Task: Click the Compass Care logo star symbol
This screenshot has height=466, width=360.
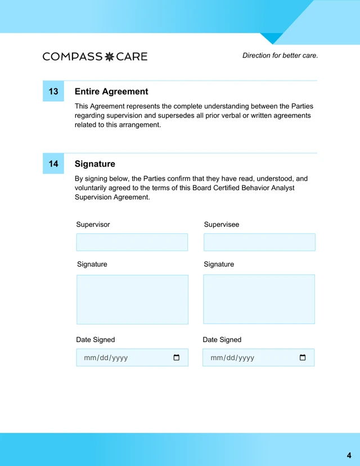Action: pyautogui.click(x=110, y=56)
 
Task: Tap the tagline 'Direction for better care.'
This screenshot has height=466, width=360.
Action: pyautogui.click(x=280, y=56)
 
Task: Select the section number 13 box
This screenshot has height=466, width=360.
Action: pyautogui.click(x=53, y=91)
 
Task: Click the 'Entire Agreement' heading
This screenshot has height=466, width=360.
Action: pyautogui.click(x=111, y=91)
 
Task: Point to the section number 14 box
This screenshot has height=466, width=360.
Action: pyautogui.click(x=53, y=164)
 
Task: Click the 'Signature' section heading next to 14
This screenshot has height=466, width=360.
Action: pyautogui.click(x=94, y=164)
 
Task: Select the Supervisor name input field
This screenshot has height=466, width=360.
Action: pyautogui.click(x=132, y=243)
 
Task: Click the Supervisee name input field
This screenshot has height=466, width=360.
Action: pyautogui.click(x=259, y=243)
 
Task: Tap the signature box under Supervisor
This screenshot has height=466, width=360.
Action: pyautogui.click(x=132, y=299)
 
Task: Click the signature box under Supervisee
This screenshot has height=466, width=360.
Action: pyautogui.click(x=259, y=299)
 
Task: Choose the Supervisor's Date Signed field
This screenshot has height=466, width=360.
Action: pyautogui.click(x=124, y=357)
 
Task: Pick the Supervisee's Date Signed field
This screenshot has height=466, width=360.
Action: pyautogui.click(x=250, y=357)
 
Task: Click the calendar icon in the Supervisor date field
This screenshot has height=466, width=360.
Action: pyautogui.click(x=177, y=357)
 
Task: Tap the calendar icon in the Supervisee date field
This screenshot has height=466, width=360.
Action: pyautogui.click(x=303, y=357)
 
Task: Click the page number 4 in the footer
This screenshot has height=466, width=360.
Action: pyautogui.click(x=349, y=455)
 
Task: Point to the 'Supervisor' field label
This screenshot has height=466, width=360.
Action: pyautogui.click(x=93, y=225)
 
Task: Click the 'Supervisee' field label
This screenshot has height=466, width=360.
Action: pyautogui.click(x=221, y=225)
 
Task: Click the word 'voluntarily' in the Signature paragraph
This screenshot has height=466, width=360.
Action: pyautogui.click(x=93, y=188)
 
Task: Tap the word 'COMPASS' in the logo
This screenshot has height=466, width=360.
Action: pyautogui.click(x=72, y=56)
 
